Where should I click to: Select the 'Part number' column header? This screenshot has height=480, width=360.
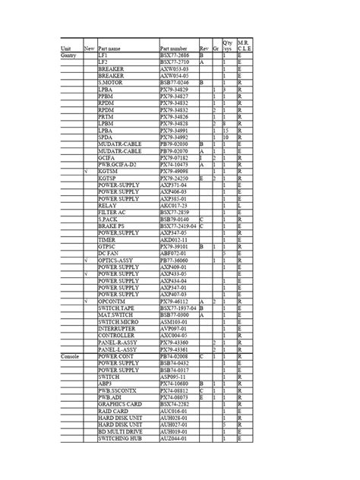(173, 49)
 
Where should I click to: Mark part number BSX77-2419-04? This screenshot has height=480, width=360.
(178, 226)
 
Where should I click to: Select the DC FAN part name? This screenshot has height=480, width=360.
(109, 253)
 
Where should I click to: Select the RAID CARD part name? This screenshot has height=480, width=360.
(113, 411)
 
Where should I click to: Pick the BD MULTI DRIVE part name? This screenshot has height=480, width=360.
(119, 431)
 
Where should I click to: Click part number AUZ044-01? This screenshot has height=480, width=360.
(174, 438)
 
